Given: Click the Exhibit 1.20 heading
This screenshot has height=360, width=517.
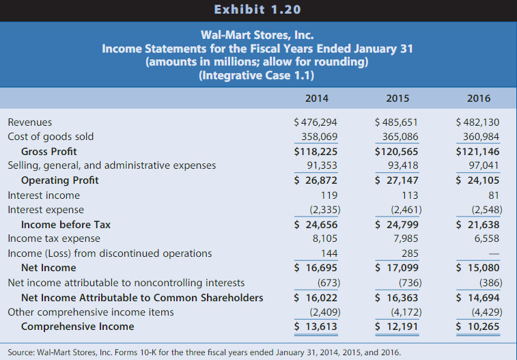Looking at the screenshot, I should [x=257, y=10].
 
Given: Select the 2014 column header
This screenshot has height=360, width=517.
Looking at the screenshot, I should [x=316, y=98].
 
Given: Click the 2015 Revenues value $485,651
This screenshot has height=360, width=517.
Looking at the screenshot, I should [x=397, y=122].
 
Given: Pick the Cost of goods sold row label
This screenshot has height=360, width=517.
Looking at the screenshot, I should [x=51, y=137].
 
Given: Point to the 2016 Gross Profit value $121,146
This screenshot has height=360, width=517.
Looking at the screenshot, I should [x=477, y=151].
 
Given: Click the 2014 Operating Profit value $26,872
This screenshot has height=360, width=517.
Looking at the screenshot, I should [x=316, y=180].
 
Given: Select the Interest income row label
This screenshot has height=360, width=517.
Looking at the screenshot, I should [x=44, y=195].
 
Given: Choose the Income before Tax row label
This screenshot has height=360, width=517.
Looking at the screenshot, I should [x=66, y=224].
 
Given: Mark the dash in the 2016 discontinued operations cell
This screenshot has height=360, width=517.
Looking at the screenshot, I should [x=494, y=253].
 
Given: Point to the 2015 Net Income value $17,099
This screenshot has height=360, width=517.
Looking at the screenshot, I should [x=397, y=268].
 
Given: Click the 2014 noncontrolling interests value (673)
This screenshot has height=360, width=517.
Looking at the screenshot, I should [x=324, y=282].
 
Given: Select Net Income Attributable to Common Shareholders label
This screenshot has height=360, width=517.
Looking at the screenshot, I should [x=142, y=297].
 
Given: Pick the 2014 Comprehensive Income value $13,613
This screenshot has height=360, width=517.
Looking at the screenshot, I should [x=316, y=327].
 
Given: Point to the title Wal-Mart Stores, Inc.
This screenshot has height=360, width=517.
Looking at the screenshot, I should [x=257, y=35].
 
